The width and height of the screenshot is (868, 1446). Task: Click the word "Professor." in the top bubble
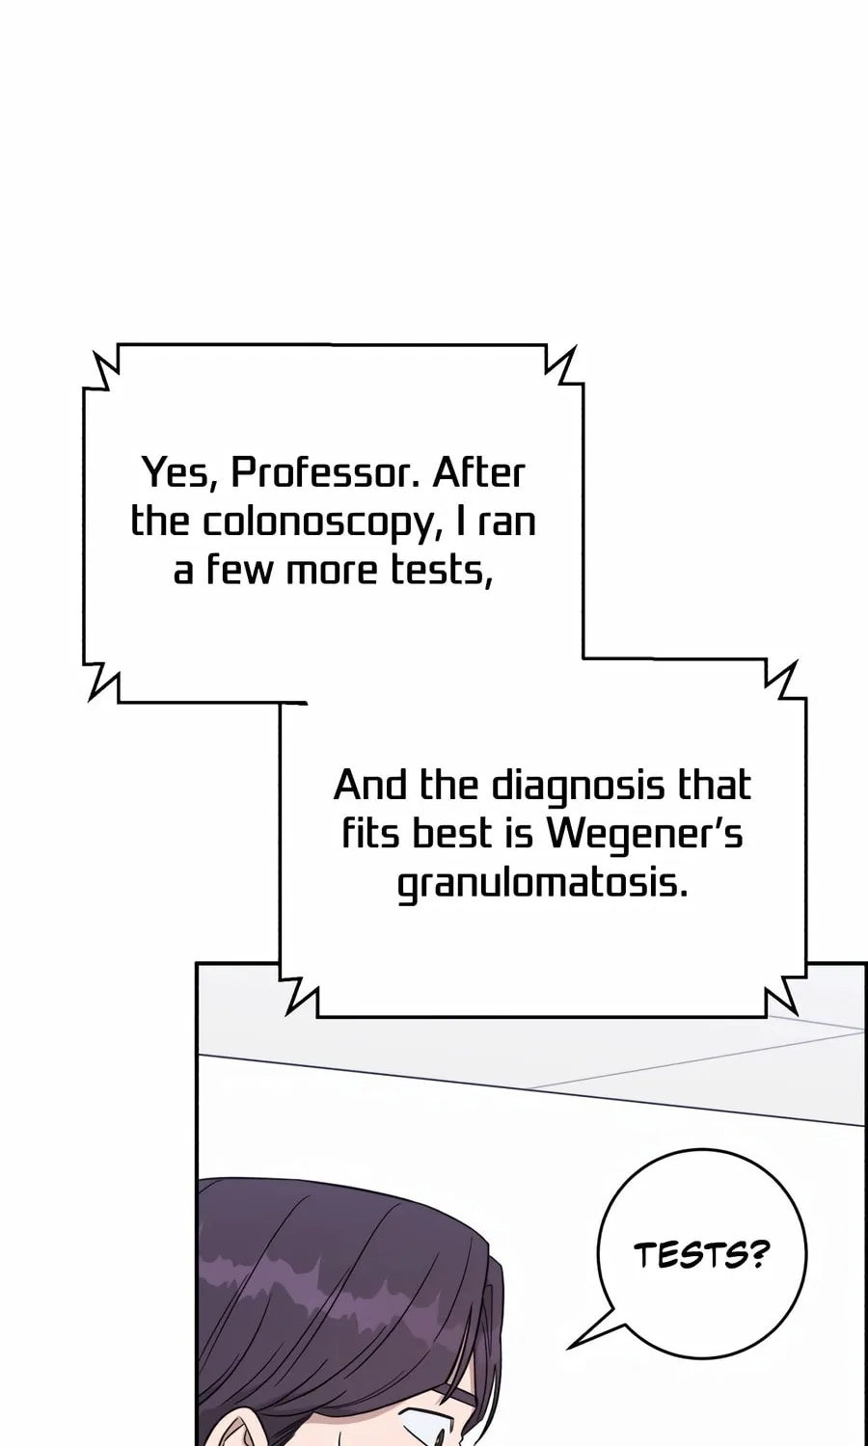[326, 473]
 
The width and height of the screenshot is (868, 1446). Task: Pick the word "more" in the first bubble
[330, 572]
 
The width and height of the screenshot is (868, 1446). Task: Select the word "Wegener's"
[645, 835]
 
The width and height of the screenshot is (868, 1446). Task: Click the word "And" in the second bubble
[370, 786]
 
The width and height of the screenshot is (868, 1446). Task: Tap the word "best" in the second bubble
[451, 833]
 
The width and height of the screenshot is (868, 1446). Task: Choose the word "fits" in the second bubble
[369, 833]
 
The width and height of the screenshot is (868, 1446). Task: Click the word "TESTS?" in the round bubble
[702, 1255]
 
